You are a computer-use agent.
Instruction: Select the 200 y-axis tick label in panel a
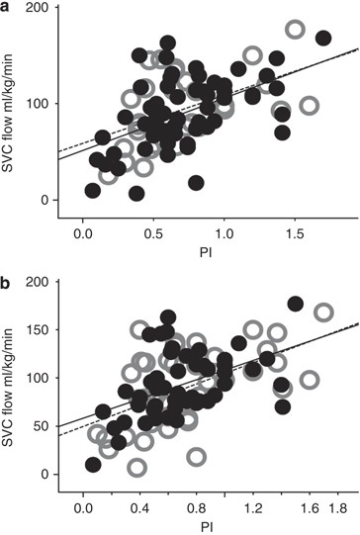pos(38,8)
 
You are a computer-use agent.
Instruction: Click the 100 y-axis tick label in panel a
pos(38,104)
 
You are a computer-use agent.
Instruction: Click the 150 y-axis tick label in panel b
pos(38,329)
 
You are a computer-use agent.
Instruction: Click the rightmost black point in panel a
pos(322,39)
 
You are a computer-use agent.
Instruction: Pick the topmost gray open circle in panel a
pos(295,30)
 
